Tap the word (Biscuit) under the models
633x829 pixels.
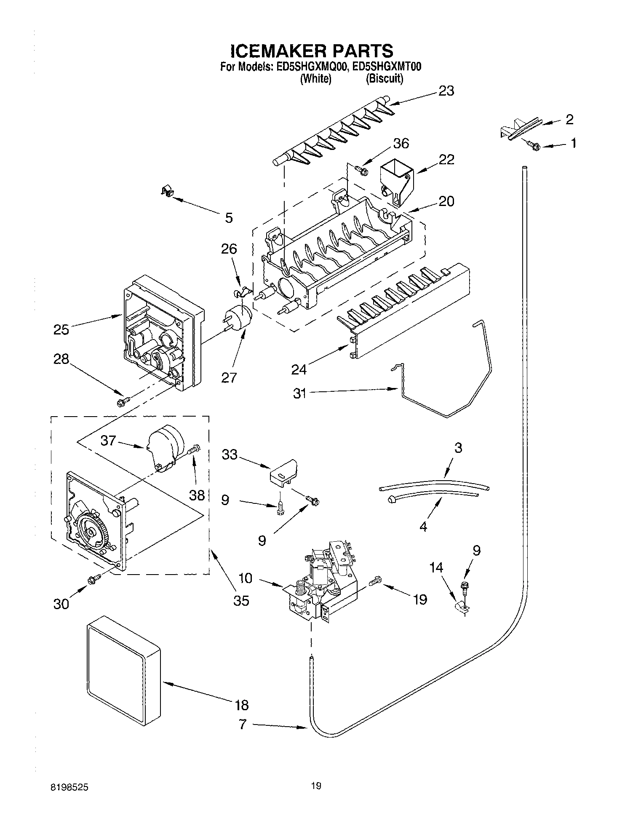(x=384, y=79)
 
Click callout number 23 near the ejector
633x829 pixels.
(x=446, y=91)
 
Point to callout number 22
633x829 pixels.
(x=446, y=160)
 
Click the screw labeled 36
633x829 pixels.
(x=361, y=170)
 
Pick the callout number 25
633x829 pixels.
(x=61, y=329)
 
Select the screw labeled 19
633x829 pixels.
(x=374, y=582)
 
